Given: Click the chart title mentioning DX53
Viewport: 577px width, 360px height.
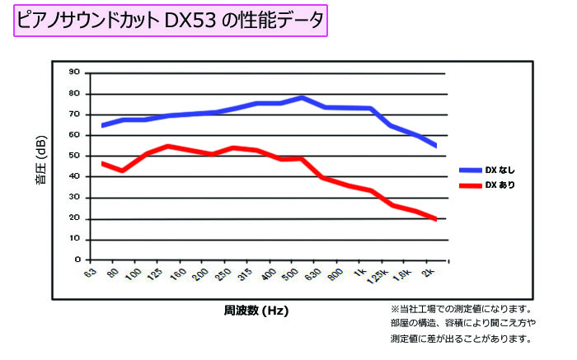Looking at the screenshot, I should [x=171, y=18].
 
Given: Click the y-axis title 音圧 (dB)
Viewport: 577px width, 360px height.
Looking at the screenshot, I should [x=40, y=164].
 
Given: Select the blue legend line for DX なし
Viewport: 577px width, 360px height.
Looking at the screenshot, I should [x=470, y=170].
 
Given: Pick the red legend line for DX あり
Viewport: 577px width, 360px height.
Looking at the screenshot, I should [x=470, y=186].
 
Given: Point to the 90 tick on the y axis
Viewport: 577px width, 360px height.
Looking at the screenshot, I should [x=75, y=72].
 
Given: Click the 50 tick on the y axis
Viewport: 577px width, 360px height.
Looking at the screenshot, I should [x=75, y=156].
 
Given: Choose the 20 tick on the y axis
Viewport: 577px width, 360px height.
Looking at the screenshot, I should [x=75, y=218].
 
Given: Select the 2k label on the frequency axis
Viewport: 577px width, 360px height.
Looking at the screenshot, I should [x=429, y=272].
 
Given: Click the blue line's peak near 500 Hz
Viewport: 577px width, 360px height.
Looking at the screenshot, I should [x=302, y=97].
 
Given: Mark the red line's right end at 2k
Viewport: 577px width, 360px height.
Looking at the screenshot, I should [x=435, y=218].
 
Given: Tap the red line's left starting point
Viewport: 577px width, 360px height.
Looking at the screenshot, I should [x=102, y=163].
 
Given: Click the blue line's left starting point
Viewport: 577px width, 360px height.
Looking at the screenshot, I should [x=102, y=125].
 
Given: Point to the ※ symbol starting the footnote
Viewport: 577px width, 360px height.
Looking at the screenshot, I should [x=394, y=306].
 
